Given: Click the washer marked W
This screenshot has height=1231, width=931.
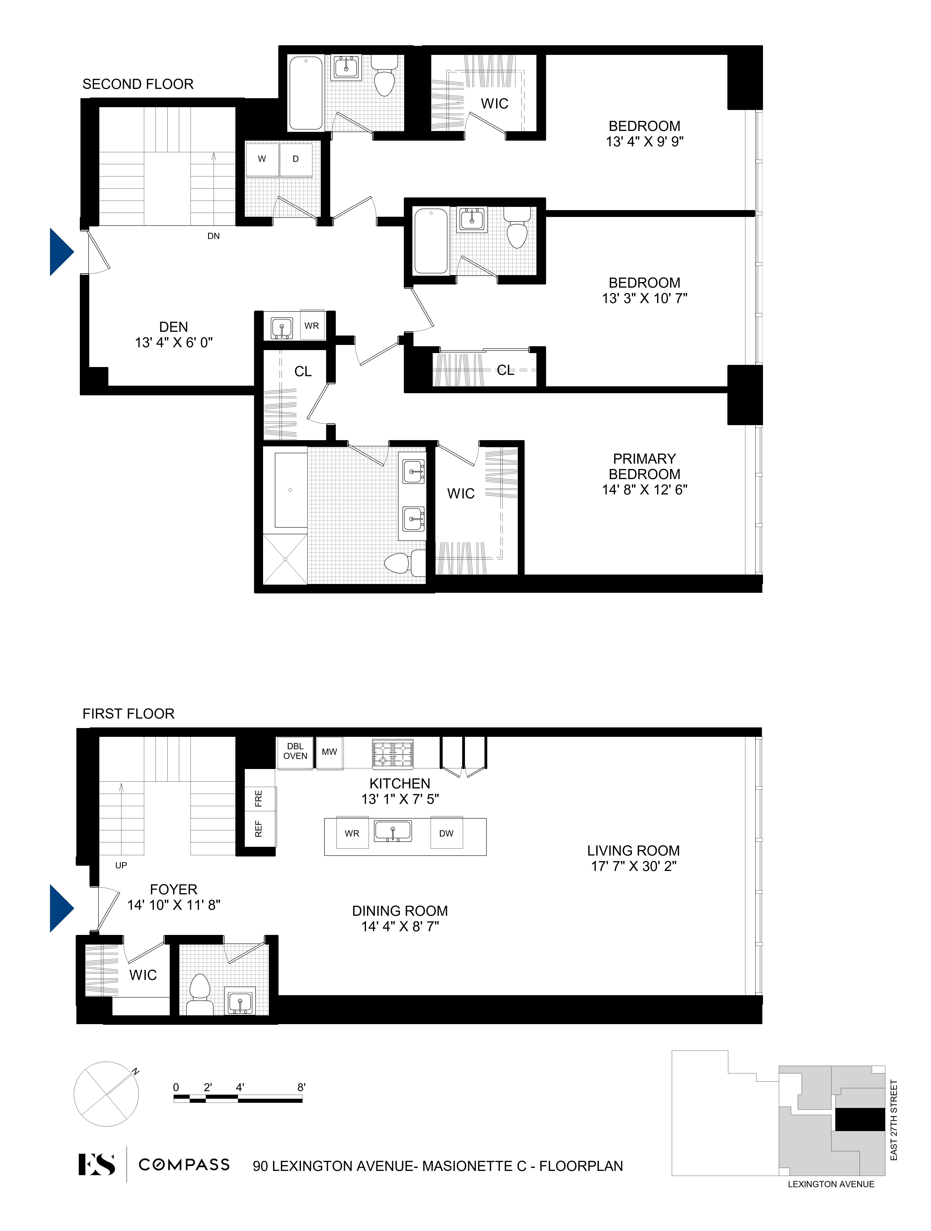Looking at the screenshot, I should click(262, 159).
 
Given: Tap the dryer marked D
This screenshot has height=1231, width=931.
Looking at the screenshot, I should click(296, 159).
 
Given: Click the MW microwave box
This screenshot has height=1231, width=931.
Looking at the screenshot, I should click(329, 752).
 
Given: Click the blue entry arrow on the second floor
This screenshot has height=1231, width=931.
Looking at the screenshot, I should click(61, 252).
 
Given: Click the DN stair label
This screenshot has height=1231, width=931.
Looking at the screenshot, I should click(213, 236).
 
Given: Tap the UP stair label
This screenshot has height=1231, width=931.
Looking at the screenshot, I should click(121, 865).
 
